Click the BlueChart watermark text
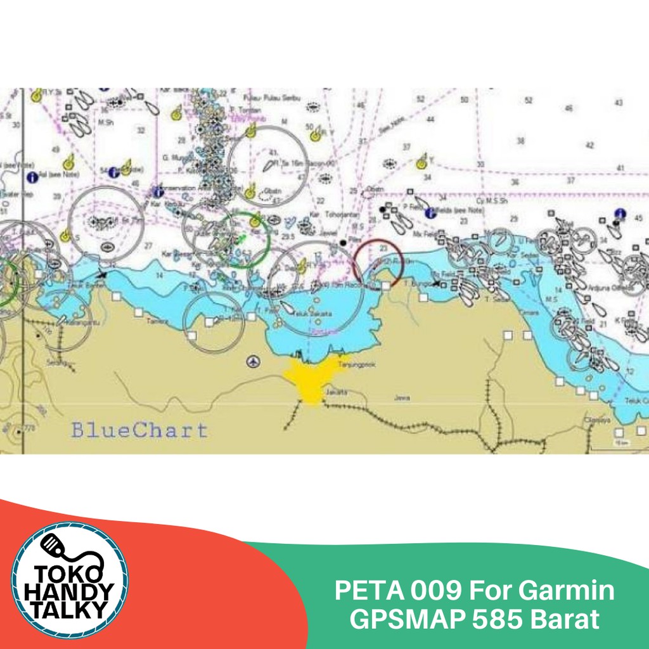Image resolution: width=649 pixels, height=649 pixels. pyautogui.click(x=139, y=430)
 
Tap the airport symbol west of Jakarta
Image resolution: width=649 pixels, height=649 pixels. pyautogui.click(x=254, y=362)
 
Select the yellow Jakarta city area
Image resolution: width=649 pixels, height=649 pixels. pyautogui.click(x=312, y=379)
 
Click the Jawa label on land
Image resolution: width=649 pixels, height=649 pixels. pyautogui.click(x=402, y=398)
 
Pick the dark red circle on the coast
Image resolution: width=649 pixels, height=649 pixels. pyautogui.click(x=378, y=262)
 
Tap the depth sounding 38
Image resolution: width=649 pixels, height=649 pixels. pyautogui.click(x=521, y=141)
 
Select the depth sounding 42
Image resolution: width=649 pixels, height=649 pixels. pyautogui.click(x=589, y=145)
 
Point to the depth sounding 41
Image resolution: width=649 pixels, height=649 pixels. pyautogui.click(x=620, y=168)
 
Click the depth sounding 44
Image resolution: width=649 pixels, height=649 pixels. pyautogui.click(x=431, y=119)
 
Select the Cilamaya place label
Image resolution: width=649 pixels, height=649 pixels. pyautogui.click(x=598, y=420)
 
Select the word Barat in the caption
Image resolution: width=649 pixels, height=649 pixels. pyautogui.click(x=568, y=620)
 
